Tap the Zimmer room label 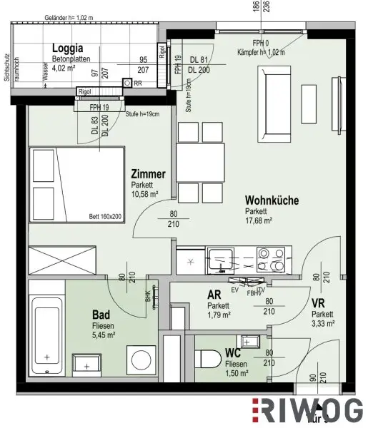[149, 174]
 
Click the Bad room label [101, 313]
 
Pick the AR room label [214, 295]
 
